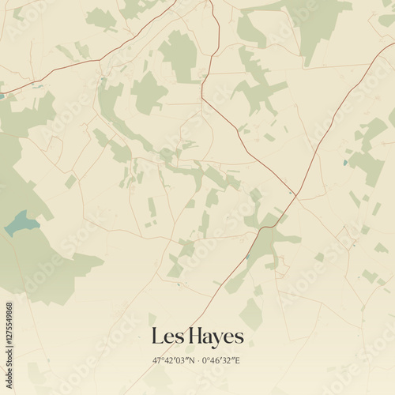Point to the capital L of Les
coord(156,337)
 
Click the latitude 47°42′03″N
coord(173,360)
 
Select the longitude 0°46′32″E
coord(222,360)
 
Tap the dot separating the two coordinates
coord(197,360)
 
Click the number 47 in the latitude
coord(158,360)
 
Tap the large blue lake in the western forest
coord(21,224)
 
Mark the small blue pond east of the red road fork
coord(345,163)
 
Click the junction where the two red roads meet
coord(292,192)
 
